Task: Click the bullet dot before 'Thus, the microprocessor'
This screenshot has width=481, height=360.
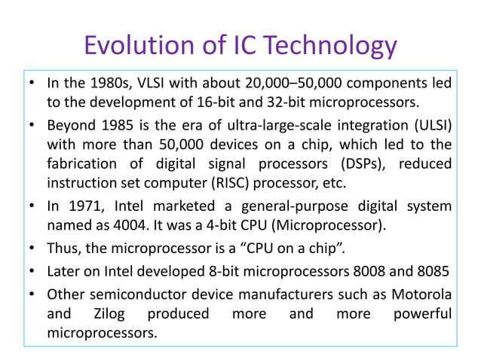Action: click(x=33, y=247)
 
